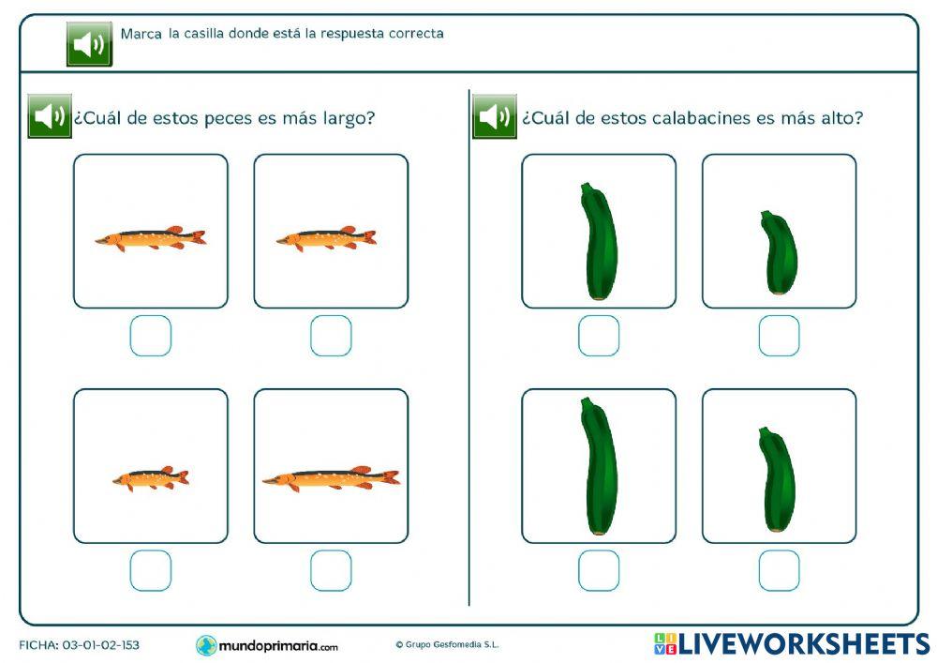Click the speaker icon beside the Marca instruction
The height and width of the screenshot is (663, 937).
(89, 44)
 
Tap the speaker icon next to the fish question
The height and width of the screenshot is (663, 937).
(50, 116)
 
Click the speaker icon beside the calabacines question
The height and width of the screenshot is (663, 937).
(495, 116)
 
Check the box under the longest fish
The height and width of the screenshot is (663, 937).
(331, 570)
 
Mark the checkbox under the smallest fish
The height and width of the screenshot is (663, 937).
(151, 570)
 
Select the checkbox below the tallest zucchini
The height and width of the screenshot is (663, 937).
(599, 570)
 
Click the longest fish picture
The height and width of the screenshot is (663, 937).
(331, 478)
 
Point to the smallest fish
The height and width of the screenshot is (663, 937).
(151, 479)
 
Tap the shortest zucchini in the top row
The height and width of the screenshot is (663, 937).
(779, 252)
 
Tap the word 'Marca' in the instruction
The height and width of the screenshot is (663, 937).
(141, 34)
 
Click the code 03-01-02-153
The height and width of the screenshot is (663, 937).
(100, 645)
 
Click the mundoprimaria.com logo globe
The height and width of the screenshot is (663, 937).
(206, 645)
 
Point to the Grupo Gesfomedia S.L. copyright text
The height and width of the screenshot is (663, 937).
(447, 645)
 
